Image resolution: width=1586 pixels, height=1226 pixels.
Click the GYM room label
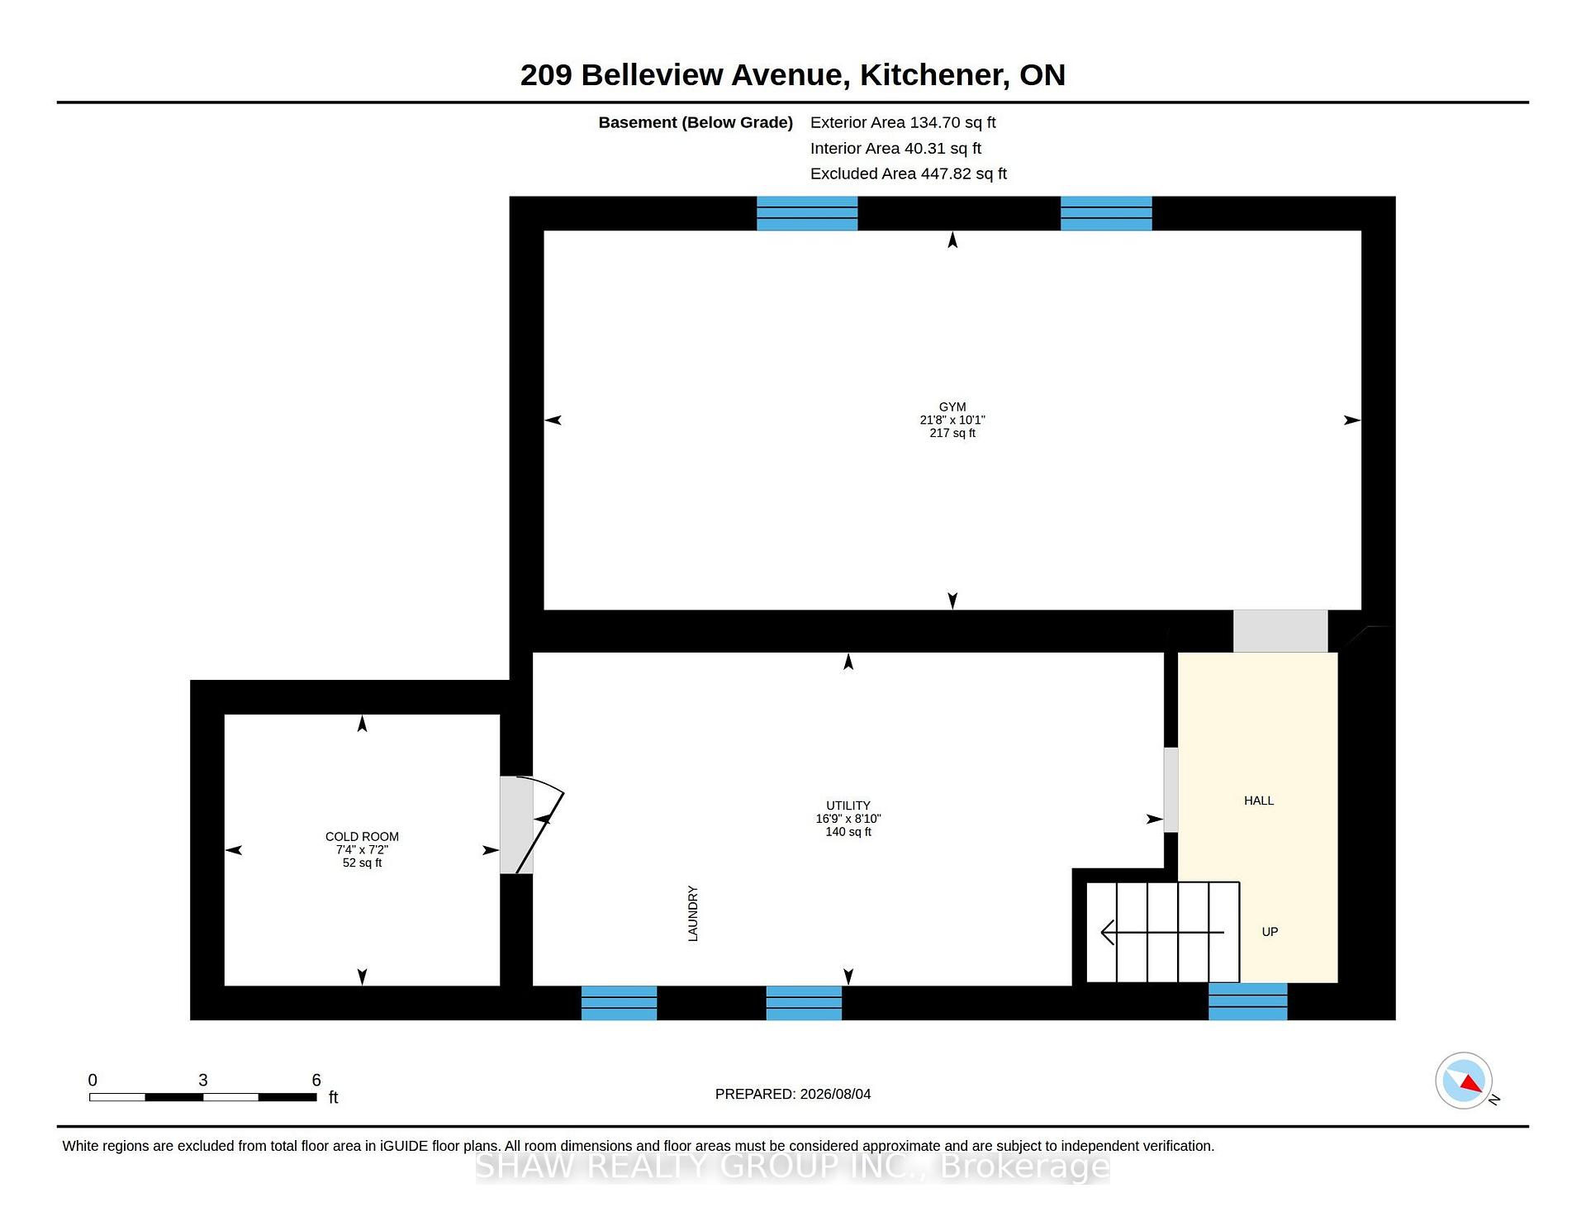pos(952,406)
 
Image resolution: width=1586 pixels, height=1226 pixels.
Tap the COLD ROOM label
pos(362,837)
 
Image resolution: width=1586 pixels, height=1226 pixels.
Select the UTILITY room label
pos(848,805)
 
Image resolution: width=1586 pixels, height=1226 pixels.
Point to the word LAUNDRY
pos(693,914)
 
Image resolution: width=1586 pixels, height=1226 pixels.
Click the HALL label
pos(1259,801)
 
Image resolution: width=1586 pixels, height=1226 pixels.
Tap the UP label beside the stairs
pos(1270,932)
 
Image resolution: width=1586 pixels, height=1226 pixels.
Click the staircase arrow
pos(1162,933)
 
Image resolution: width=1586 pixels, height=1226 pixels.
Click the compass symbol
pos(1464,1081)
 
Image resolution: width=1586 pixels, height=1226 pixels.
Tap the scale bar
pos(203,1097)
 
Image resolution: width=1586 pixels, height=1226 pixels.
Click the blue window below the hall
pos(1248,1001)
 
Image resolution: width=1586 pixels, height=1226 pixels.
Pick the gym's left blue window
pos(807,213)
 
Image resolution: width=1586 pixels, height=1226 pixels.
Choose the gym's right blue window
pos(1106,213)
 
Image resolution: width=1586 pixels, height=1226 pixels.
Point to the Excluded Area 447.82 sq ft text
pos(909,173)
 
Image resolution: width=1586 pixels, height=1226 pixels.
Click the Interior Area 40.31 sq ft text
pos(895,149)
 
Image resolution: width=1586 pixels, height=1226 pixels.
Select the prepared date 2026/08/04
pos(835,1094)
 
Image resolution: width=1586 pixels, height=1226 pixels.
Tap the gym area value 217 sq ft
pos(952,433)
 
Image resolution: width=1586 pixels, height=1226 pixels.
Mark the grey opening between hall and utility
pos(1171,790)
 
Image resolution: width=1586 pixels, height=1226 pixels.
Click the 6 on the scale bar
pos(316,1080)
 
